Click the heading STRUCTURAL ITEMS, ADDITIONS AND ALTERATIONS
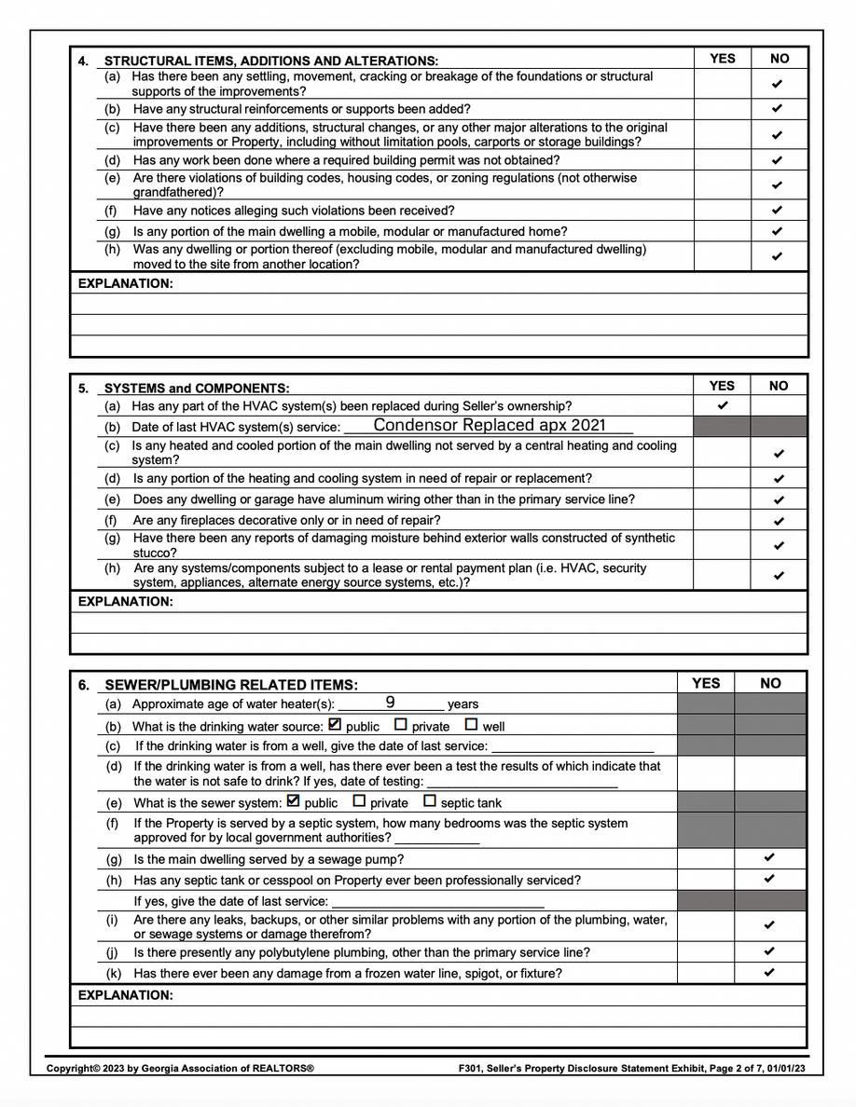coord(271,61)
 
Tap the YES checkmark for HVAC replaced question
coord(722,405)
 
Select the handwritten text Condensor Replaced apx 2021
coord(490,425)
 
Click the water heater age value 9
coord(390,702)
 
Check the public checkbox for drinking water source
coord(336,724)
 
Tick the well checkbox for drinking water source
coord(471,724)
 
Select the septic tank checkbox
coord(430,800)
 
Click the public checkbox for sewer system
coord(294,800)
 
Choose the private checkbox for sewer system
coord(359,800)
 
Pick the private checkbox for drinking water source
coord(401,724)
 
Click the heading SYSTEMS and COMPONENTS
coord(197,389)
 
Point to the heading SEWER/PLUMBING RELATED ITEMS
coord(231,685)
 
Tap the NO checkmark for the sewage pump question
coord(769,857)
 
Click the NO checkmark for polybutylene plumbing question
coord(769,951)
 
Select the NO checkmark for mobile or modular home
coord(778,231)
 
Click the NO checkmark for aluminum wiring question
coord(779,499)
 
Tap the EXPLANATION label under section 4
coord(125,283)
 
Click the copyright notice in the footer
coord(180,1069)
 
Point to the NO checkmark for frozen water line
coord(769,972)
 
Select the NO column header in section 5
coord(779,386)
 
